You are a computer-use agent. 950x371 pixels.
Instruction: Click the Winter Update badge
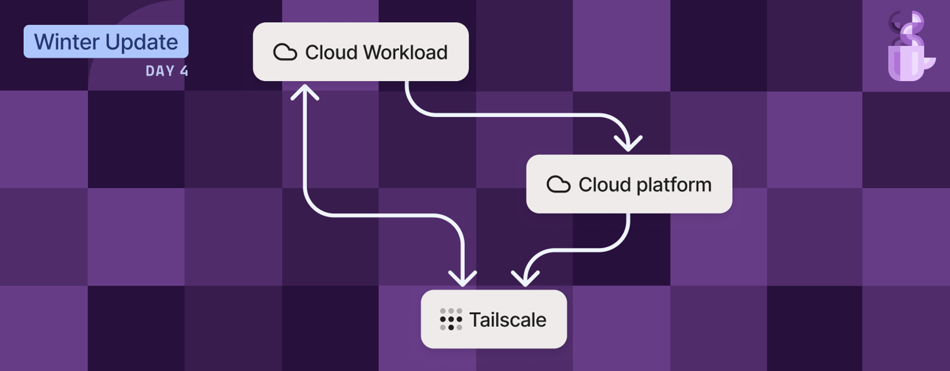click(x=106, y=41)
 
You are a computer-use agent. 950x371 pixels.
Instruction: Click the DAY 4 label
click(x=167, y=71)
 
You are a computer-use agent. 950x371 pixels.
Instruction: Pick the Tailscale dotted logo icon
click(x=451, y=319)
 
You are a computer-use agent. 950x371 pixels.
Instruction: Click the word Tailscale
click(x=508, y=319)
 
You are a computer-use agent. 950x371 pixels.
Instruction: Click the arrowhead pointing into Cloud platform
click(x=628, y=144)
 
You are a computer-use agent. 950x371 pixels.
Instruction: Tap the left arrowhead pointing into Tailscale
click(x=462, y=279)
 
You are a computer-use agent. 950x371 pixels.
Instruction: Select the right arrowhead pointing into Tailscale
click(x=525, y=279)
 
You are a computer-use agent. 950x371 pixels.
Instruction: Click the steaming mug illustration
click(x=909, y=55)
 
